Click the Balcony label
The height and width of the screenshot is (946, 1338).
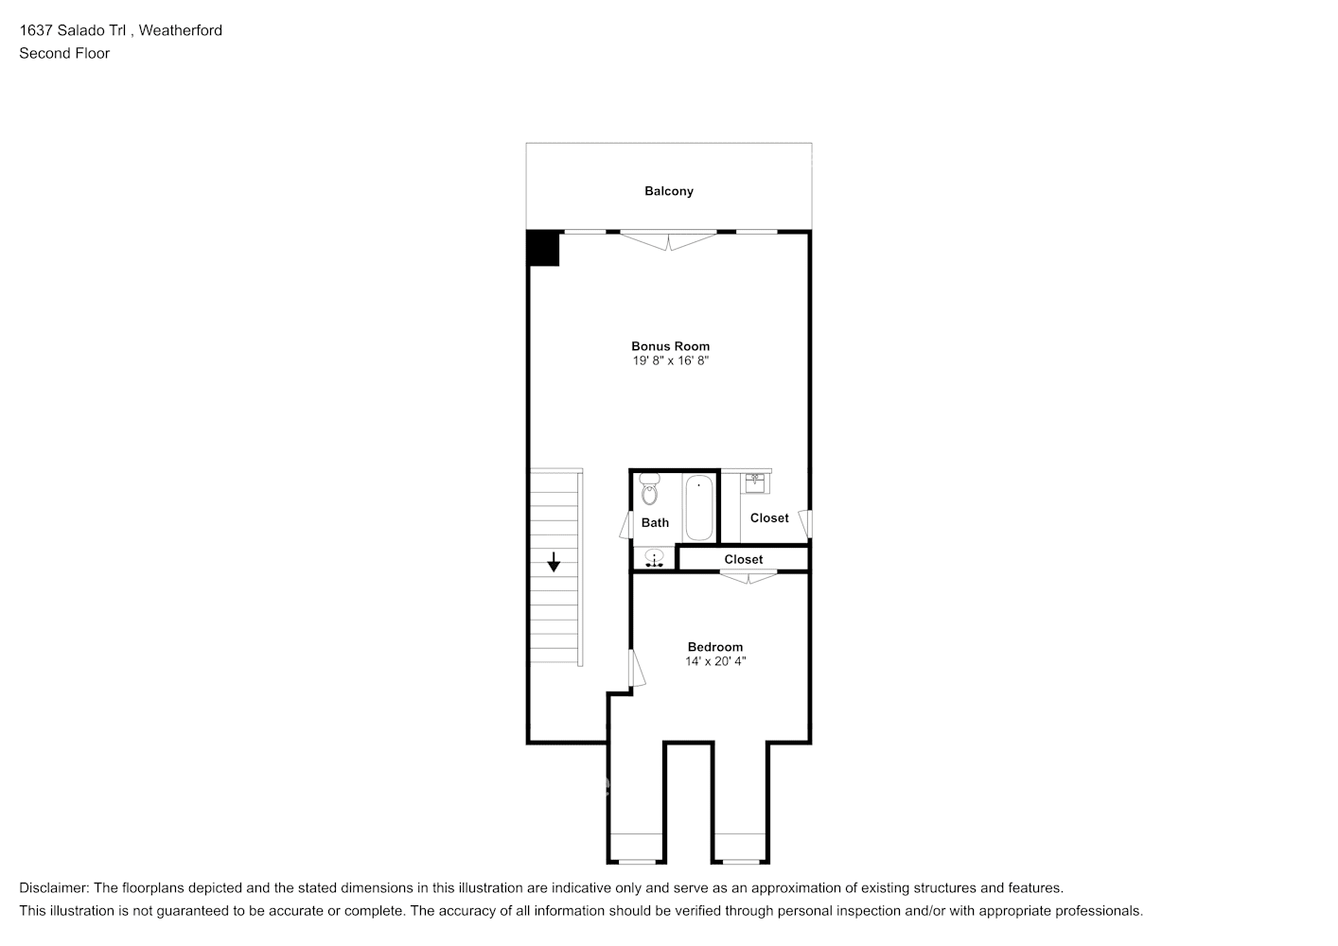click(x=669, y=191)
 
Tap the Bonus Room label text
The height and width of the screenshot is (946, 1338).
click(x=670, y=346)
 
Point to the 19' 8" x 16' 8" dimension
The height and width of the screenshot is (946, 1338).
click(x=670, y=361)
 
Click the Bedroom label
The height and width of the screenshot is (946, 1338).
click(x=714, y=647)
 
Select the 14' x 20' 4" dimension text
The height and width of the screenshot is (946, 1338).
click(x=714, y=662)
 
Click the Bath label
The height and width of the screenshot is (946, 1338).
click(x=655, y=522)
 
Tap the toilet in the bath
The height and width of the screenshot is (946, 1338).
click(x=649, y=490)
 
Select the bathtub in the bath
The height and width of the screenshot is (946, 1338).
click(x=698, y=507)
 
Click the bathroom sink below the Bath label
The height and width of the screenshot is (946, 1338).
click(x=654, y=559)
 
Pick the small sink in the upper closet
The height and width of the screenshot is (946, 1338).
click(x=755, y=482)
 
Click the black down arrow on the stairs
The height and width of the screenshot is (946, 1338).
click(x=554, y=562)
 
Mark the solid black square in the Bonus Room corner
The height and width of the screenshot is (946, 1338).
click(x=544, y=248)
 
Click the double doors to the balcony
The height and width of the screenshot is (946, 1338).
click(x=669, y=240)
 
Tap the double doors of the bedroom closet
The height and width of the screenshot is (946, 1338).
click(x=748, y=576)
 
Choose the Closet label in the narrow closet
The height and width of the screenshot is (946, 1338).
click(x=743, y=559)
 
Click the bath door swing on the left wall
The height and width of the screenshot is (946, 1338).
click(x=625, y=525)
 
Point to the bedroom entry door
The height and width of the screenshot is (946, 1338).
click(x=637, y=667)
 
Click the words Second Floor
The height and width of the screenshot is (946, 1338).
click(x=64, y=53)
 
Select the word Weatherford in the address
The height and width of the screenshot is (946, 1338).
click(x=181, y=30)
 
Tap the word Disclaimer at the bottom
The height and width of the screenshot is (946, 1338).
click(x=53, y=888)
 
